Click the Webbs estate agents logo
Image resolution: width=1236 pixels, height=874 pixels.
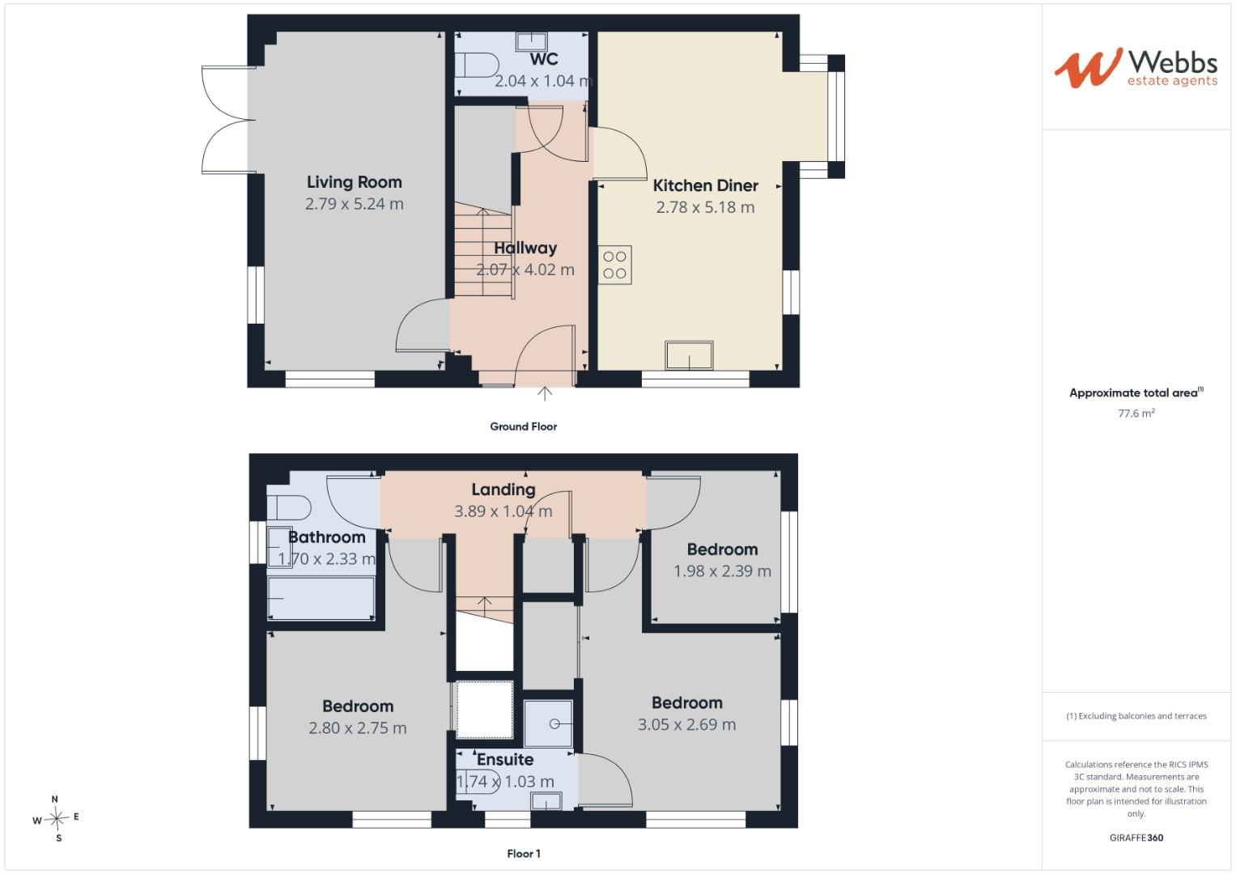tap(1136, 68)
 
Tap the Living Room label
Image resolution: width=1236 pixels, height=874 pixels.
tap(355, 182)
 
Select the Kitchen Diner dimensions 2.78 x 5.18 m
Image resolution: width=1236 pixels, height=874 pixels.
tap(705, 207)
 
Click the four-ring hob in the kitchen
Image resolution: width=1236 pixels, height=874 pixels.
tap(614, 265)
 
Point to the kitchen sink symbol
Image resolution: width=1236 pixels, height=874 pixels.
tap(689, 355)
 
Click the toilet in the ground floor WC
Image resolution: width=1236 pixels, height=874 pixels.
tap(477, 65)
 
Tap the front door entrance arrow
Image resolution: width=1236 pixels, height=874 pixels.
tap(545, 393)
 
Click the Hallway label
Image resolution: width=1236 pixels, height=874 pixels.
tap(525, 248)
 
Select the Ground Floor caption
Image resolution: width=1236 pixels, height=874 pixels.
tap(524, 426)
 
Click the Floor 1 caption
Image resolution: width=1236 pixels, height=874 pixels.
tap(524, 854)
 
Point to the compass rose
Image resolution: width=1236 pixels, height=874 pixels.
tap(57, 818)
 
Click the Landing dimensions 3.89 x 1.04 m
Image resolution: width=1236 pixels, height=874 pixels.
tap(503, 511)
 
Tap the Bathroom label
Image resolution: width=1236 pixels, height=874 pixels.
tap(327, 537)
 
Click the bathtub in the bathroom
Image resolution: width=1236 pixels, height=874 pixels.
tap(321, 598)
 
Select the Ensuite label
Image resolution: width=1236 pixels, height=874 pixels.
tap(505, 760)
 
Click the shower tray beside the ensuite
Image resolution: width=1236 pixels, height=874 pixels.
tap(548, 723)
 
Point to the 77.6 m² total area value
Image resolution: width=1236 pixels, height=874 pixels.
tap(1136, 413)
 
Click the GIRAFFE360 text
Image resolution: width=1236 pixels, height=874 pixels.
tap(1136, 838)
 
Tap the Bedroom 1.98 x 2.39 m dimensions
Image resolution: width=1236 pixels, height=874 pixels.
tap(722, 571)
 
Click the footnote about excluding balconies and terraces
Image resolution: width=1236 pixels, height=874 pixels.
tap(1136, 715)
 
